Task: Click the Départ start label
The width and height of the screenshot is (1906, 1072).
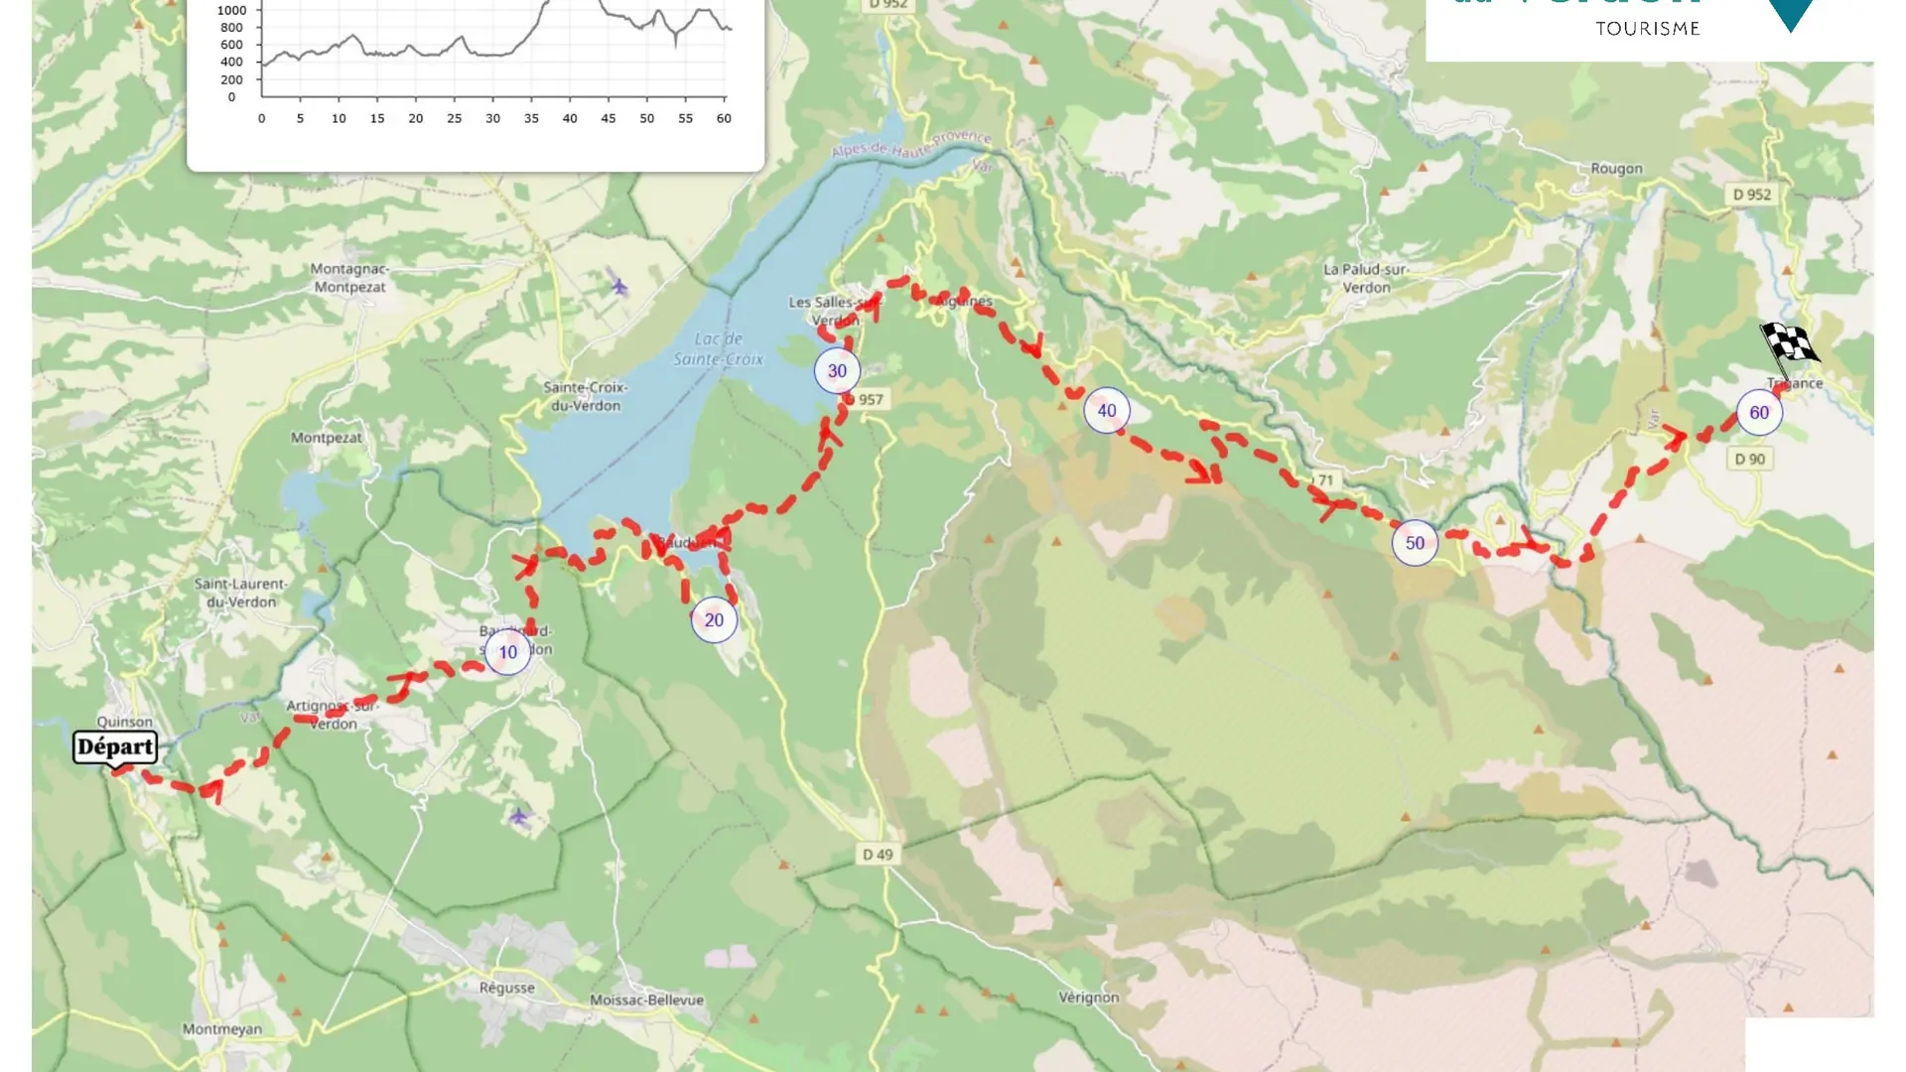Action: (115, 747)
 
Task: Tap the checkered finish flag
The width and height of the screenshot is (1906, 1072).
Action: (1789, 344)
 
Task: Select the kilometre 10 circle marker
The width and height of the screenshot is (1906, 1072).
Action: (508, 652)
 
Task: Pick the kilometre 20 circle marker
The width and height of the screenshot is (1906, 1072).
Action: (714, 620)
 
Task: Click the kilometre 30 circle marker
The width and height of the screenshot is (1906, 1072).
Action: (837, 371)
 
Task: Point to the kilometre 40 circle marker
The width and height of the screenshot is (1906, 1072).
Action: (1106, 411)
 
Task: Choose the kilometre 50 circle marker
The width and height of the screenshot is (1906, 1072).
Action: (1415, 543)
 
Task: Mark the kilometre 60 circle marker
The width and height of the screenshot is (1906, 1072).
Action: (1759, 413)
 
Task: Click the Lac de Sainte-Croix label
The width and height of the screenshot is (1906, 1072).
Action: (719, 349)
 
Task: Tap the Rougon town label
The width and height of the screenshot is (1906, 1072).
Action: (1616, 169)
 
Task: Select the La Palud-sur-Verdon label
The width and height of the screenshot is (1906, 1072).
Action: (1366, 278)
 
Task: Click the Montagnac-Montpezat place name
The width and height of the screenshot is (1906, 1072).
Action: (349, 278)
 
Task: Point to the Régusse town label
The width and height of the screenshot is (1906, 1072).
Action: (506, 988)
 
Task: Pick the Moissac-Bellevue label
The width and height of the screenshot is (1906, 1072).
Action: (646, 1001)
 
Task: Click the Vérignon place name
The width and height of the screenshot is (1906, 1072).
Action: (1088, 998)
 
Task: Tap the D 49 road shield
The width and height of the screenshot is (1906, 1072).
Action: (877, 855)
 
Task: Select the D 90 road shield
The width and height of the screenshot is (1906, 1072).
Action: (1749, 459)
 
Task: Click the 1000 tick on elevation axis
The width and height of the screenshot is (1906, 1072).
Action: (231, 11)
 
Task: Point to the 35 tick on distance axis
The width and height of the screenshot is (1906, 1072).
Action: (531, 118)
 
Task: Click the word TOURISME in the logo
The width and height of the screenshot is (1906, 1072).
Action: (1648, 29)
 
